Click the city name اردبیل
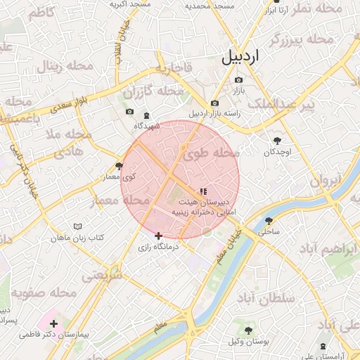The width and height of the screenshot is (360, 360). coord(240,57)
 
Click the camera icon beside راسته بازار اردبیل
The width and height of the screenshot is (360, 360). coord(214,103)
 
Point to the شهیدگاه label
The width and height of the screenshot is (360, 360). coord(148,126)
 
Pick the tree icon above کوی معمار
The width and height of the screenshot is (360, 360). coord(119,167)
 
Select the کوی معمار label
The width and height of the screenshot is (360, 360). coord(120,177)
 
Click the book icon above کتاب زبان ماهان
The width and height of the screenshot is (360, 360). coord(78,227)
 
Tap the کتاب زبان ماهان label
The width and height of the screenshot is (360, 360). coord(78,238)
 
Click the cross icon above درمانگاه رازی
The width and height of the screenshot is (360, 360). coord(158,236)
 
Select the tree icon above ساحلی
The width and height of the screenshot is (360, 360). coord(269,220)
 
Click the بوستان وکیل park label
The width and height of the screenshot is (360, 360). coord(248,341)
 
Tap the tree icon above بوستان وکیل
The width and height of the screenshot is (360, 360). coord(248,330)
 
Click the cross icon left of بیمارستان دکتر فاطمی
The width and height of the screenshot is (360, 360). coord(54,323)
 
